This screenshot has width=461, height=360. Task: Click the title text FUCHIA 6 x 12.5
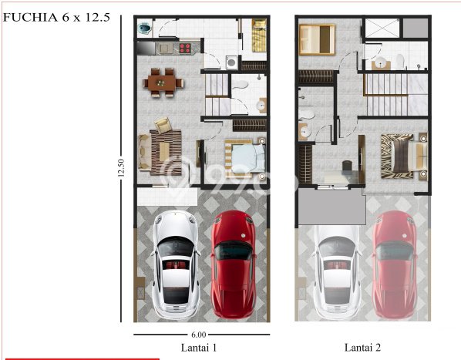(x=56, y=17)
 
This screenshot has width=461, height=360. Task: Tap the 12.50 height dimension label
(x=121, y=168)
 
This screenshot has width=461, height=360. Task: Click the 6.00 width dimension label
(x=199, y=335)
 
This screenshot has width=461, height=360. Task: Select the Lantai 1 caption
(x=199, y=348)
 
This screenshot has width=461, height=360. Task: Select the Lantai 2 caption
(x=362, y=348)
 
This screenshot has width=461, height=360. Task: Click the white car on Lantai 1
(x=176, y=264)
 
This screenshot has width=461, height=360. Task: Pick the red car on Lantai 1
(x=234, y=264)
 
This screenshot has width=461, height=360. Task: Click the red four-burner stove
(x=185, y=49)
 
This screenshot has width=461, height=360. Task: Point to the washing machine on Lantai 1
(x=232, y=62)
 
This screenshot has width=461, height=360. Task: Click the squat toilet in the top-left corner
(x=144, y=29)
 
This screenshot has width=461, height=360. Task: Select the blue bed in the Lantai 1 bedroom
(x=247, y=159)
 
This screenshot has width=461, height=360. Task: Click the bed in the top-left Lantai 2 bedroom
(x=317, y=39)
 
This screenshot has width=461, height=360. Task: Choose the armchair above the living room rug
(x=163, y=125)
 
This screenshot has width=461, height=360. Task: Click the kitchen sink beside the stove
(x=165, y=48)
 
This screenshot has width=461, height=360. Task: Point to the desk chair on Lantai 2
(x=347, y=165)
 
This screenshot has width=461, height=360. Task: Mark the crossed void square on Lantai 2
(x=382, y=29)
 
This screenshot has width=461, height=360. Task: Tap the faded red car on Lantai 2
(x=395, y=264)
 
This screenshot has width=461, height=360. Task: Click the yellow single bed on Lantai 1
(x=259, y=35)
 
